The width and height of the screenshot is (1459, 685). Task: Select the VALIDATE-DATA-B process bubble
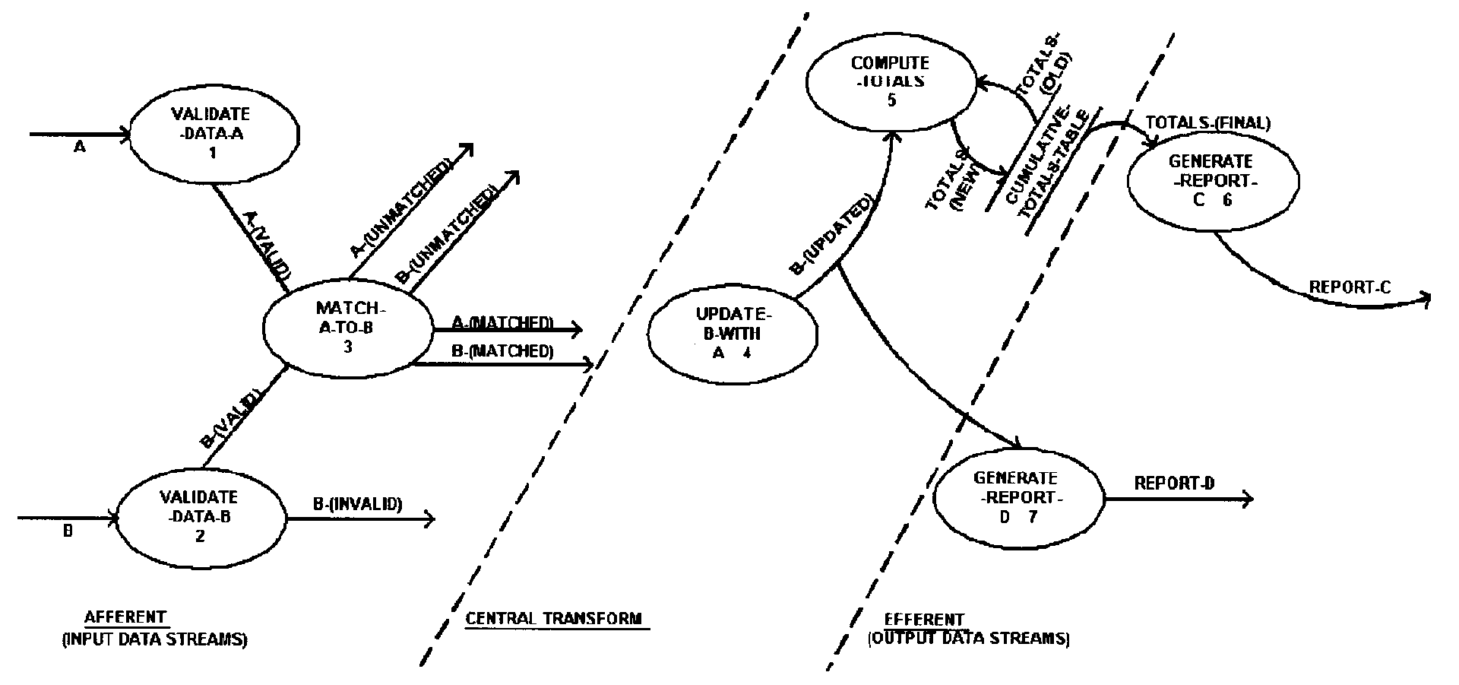pyautogui.click(x=199, y=517)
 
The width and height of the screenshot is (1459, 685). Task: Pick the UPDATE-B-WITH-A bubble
pyautogui.click(x=732, y=334)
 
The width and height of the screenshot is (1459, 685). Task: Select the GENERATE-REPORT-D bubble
pyautogui.click(x=1018, y=498)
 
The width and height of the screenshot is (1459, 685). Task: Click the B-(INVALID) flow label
pyautogui.click(x=357, y=503)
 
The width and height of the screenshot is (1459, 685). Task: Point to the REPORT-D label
pyautogui.click(x=1174, y=483)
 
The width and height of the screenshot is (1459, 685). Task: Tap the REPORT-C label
pyautogui.click(x=1349, y=287)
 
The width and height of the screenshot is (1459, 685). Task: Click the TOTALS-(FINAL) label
pyautogui.click(x=1207, y=122)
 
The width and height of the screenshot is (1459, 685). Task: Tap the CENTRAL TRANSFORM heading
pyautogui.click(x=553, y=618)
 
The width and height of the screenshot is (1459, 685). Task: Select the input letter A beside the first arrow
pyautogui.click(x=79, y=148)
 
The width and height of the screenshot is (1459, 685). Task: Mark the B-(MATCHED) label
pyautogui.click(x=502, y=351)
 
